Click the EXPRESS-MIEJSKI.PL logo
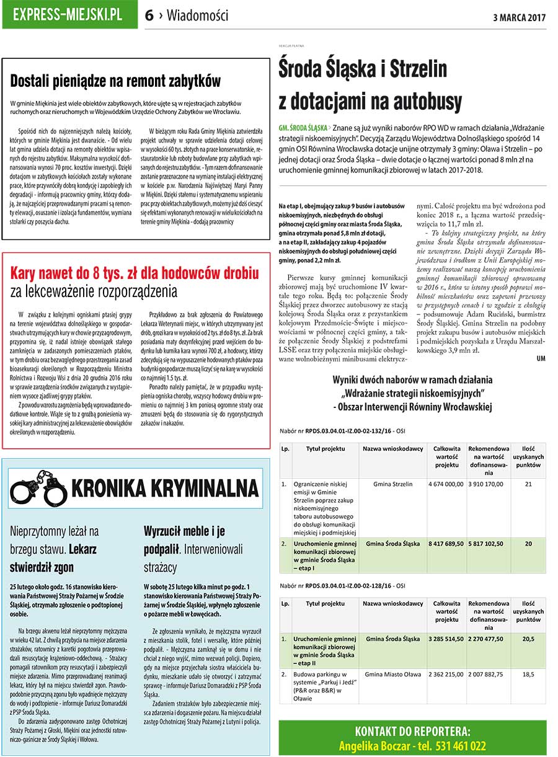pos(69,15)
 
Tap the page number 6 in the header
pos(149,16)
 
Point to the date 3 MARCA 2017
pos(519,17)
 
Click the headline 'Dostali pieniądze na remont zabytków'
pos(116,81)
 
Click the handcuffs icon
pos(38,485)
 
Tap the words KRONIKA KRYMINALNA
pos(164,488)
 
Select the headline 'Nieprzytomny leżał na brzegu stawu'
pos(54,549)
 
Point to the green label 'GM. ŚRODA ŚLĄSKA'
pos(303,127)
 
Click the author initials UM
pos(541,358)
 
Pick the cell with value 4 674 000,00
pos(446,484)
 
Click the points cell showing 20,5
pos(528,638)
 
